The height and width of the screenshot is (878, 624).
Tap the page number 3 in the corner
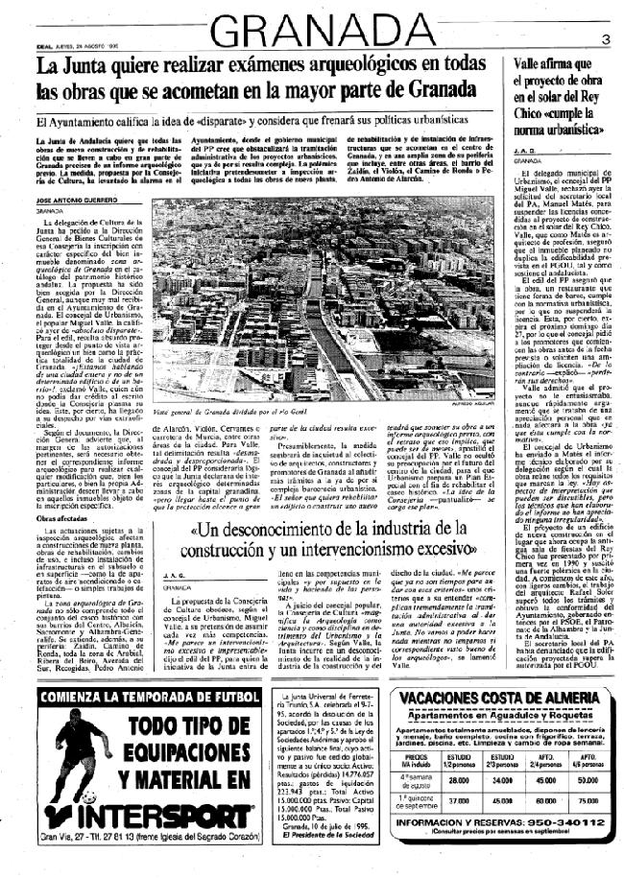pyautogui.click(x=607, y=39)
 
